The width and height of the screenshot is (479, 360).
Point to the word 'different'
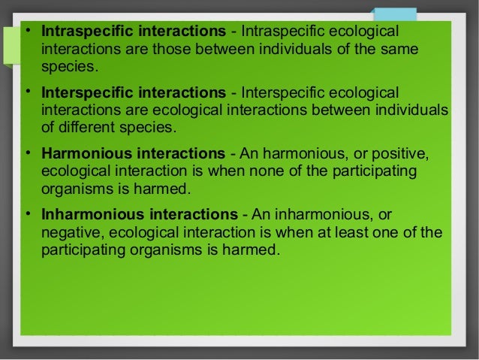(x=87, y=126)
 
